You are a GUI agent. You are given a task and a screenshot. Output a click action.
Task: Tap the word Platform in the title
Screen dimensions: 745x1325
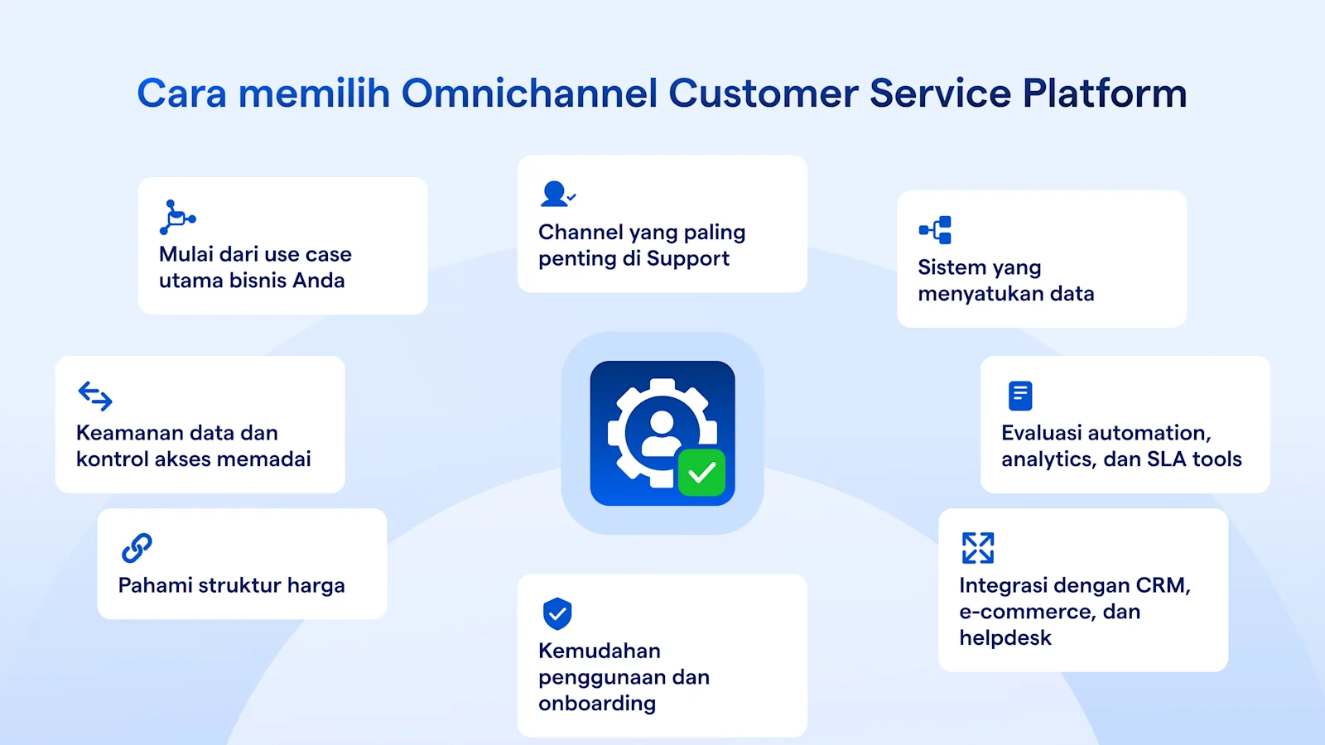point(1105,93)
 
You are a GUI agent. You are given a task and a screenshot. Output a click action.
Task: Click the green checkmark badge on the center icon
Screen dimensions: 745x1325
point(701,473)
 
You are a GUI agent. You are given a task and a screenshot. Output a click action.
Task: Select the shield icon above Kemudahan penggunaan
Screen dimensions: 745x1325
point(557,613)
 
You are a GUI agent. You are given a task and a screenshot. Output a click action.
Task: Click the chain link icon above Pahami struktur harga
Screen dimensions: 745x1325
point(137,548)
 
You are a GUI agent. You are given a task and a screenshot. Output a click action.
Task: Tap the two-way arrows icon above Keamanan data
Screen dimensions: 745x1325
point(95,396)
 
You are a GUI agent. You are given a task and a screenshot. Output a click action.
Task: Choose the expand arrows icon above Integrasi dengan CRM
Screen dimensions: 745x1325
point(978,548)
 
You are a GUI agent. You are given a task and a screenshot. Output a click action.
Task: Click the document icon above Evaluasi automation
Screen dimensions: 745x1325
point(1020,396)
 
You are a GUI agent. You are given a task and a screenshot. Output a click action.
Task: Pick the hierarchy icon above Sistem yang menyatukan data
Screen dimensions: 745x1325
point(936,230)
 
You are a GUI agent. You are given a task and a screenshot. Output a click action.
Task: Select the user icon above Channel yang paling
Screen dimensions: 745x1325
point(556,195)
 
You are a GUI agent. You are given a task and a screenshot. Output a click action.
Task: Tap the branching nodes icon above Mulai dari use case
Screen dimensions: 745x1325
point(177,218)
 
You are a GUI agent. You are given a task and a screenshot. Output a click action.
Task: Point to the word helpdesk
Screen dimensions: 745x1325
point(1005,638)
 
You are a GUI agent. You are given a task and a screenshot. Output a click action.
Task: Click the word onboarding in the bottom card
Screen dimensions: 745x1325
point(596,704)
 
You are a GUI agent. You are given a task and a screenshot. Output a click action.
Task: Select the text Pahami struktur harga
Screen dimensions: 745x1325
point(231,585)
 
